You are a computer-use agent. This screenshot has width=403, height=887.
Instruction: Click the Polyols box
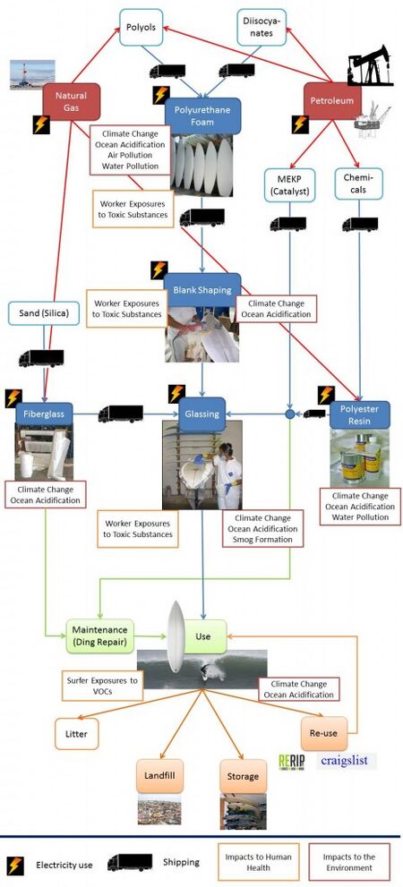(141, 27)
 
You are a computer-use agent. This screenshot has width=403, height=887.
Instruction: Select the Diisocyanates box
(262, 27)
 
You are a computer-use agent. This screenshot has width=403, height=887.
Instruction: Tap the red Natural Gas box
(72, 102)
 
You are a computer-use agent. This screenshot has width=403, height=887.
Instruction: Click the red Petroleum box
(332, 100)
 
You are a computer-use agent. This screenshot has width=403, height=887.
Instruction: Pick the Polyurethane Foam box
(201, 115)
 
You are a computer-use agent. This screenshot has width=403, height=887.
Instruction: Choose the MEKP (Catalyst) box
(289, 184)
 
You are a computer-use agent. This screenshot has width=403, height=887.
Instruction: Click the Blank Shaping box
(202, 290)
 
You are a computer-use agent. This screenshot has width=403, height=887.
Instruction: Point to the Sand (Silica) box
(43, 313)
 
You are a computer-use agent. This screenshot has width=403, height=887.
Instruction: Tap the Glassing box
(202, 414)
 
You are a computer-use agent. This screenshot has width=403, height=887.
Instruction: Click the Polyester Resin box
(359, 415)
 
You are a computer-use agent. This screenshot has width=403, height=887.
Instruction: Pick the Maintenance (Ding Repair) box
(100, 636)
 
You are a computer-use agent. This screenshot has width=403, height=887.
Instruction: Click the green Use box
(202, 636)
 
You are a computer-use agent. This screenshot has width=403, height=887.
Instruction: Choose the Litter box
(76, 734)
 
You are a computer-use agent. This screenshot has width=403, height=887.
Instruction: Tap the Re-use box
(324, 734)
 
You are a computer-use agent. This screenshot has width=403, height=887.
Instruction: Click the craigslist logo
(347, 761)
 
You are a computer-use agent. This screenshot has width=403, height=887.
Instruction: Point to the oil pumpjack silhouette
(370, 65)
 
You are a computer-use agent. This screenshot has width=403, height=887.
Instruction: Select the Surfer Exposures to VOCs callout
(102, 687)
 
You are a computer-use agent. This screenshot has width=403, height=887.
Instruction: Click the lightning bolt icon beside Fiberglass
(13, 398)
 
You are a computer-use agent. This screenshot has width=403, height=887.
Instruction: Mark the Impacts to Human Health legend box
(258, 862)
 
